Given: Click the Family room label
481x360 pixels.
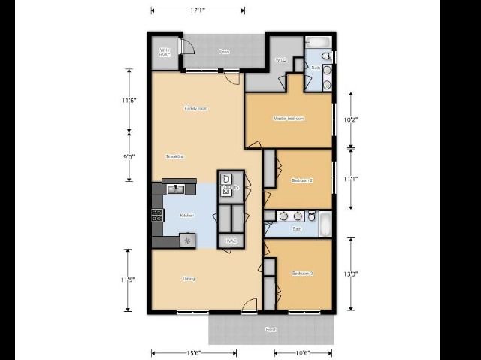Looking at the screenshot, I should [196, 109].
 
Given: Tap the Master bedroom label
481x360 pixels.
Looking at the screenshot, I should [289, 119].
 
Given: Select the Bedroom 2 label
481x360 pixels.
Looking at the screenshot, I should [301, 180].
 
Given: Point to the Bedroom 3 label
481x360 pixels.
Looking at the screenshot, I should [302, 274].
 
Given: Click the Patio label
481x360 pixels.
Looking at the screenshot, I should [224, 52].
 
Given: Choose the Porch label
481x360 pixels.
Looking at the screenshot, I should [271, 329].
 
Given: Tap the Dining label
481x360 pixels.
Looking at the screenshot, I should [189, 279].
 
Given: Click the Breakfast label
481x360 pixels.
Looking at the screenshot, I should [175, 156].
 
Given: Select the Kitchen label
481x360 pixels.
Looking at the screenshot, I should [186, 216].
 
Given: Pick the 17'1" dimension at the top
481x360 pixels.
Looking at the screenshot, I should [198, 11].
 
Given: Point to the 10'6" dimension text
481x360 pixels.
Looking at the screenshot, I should [302, 352].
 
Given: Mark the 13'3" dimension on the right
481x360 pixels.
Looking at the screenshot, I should [351, 274].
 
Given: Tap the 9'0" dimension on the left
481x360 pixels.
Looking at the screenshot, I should [129, 156].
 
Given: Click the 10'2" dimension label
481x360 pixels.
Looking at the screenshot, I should [351, 119].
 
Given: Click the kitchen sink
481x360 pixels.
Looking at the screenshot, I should [174, 189].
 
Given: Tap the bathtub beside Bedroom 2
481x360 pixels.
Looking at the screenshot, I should [325, 223].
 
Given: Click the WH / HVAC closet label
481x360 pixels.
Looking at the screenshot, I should [165, 53].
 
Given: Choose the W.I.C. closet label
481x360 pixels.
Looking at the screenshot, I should [280, 60].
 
